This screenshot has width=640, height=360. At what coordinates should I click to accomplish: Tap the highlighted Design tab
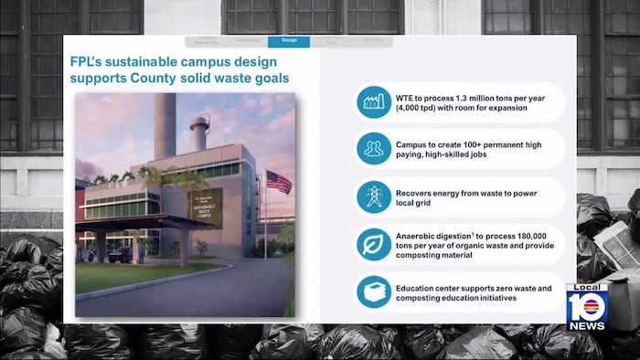tap(289, 41)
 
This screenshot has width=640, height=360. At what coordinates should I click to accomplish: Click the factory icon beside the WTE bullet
tap(373, 101)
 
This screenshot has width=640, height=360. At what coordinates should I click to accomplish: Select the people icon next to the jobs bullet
tap(373, 149)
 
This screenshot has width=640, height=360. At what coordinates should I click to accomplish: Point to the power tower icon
tap(373, 196)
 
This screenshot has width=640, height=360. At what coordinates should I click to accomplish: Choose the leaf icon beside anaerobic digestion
tap(373, 244)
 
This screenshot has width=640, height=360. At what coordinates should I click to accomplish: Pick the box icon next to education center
tap(373, 291)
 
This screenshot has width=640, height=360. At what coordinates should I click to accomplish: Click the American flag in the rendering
tap(279, 182)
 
